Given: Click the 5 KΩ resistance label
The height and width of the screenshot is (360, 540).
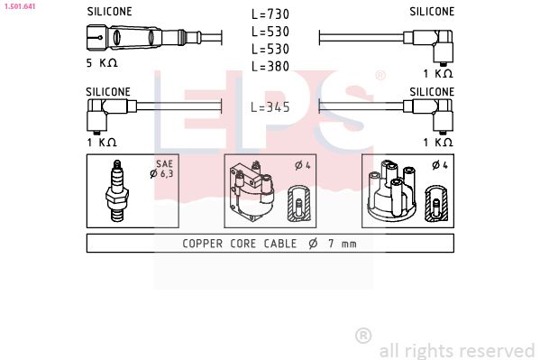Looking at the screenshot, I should (x=101, y=63).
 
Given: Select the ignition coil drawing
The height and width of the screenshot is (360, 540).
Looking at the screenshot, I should (x=252, y=191).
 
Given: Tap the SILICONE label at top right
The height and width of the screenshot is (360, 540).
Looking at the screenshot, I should (x=432, y=12).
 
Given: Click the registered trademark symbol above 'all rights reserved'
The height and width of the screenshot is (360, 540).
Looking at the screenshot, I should (x=363, y=335).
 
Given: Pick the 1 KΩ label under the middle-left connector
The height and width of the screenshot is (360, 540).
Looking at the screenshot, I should (x=101, y=142).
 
